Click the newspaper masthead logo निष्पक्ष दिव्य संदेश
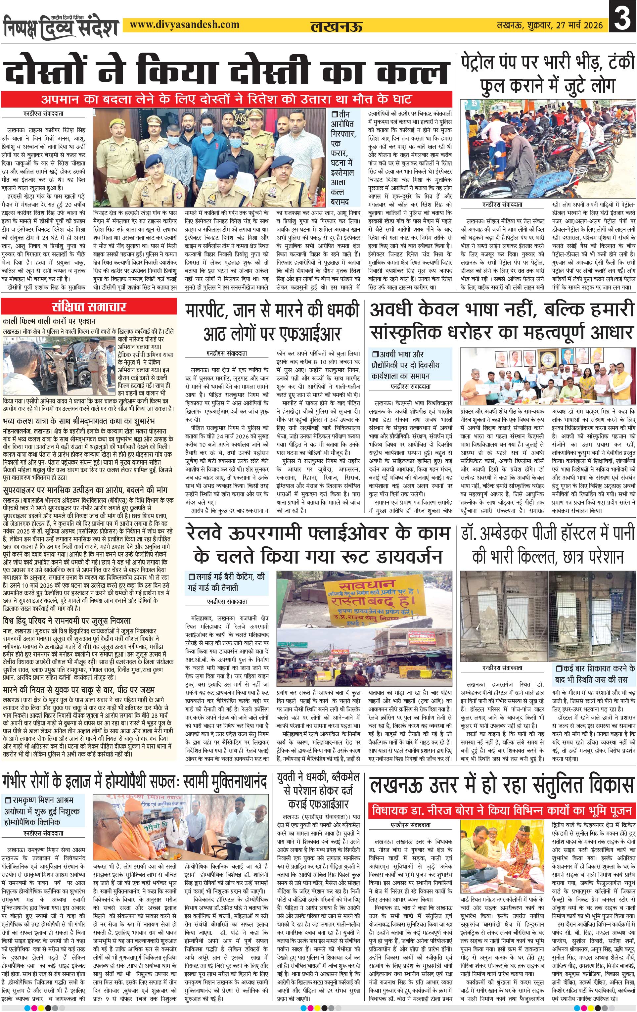[x=61, y=26]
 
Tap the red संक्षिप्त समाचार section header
[x=89, y=307]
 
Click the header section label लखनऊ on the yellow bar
[x=336, y=26]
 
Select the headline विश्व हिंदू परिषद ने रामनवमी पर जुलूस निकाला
[x=67, y=620]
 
